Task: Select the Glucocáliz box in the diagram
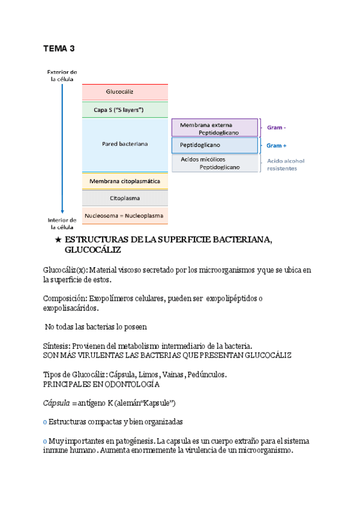pyautogui.click(x=125, y=92)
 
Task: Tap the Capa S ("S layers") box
pyautogui.click(x=125, y=109)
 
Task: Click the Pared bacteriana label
pyautogui.click(x=125, y=144)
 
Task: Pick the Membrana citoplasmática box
pyautogui.click(x=125, y=181)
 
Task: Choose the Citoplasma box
pyautogui.click(x=125, y=197)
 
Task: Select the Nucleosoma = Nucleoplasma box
pyautogui.click(x=125, y=215)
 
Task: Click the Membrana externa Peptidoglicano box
pyautogui.click(x=214, y=128)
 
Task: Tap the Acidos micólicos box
pyautogui.click(x=214, y=163)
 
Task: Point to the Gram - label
pyautogui.click(x=277, y=127)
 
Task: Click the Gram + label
pyautogui.click(x=277, y=145)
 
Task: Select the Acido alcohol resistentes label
pyautogui.click(x=286, y=164)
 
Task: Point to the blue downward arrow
pyautogui.click(x=62, y=150)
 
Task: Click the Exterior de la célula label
pyautogui.click(x=62, y=75)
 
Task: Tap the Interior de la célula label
pyautogui.click(x=62, y=223)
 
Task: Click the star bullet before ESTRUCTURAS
pyautogui.click(x=58, y=240)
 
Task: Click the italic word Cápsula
pyautogui.click(x=56, y=402)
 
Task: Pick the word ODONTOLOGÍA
pyautogui.click(x=131, y=384)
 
